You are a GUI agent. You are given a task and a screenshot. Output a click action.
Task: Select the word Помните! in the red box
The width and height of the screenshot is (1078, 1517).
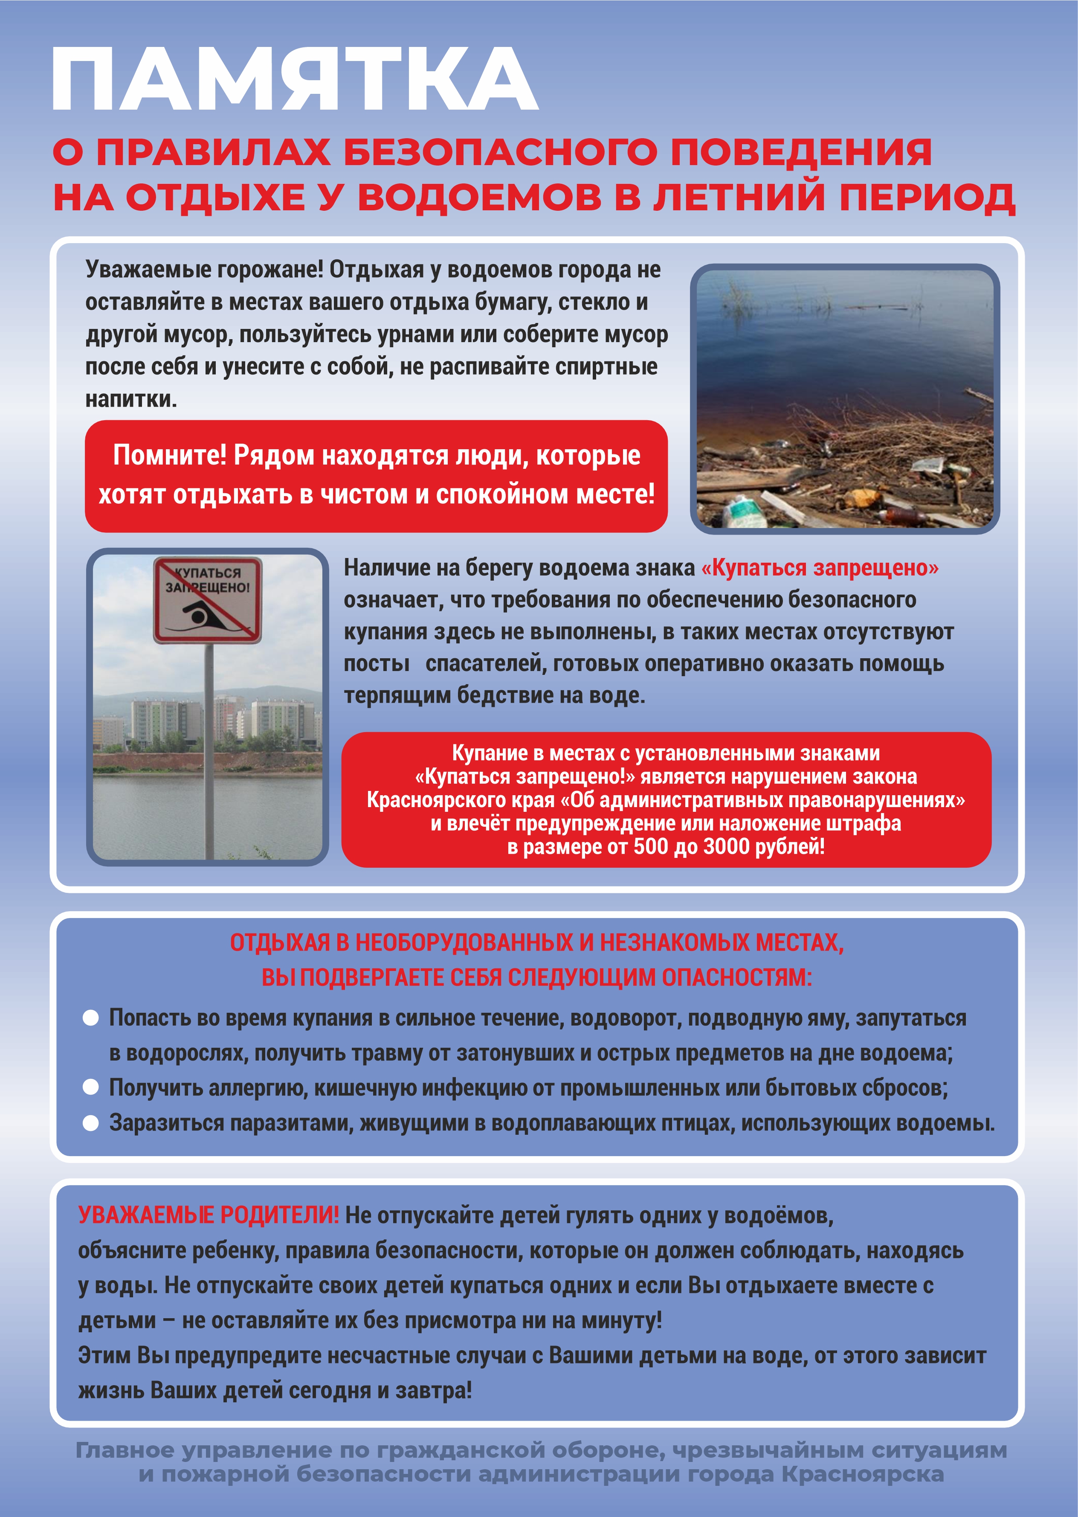(169, 456)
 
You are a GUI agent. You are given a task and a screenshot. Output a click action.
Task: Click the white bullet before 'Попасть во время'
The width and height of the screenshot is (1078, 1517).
(90, 1018)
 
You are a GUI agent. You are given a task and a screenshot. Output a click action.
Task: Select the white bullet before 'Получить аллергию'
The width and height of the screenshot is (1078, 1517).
(90, 1087)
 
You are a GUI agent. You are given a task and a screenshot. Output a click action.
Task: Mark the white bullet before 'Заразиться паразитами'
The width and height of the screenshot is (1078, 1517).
(90, 1123)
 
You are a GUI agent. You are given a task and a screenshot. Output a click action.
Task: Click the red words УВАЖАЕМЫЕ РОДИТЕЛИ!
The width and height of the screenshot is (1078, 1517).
(209, 1215)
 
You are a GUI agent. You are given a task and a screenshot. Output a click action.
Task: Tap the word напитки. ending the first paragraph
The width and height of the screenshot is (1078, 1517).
(131, 399)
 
